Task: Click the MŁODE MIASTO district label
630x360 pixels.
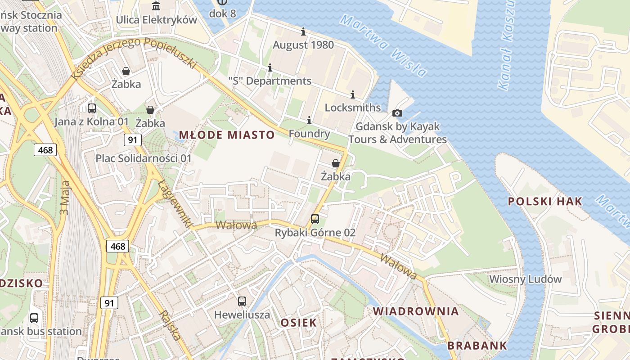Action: (227, 135)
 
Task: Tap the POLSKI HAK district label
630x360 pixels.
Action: (545, 201)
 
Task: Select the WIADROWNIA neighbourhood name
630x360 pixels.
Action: (416, 311)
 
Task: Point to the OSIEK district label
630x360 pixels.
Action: (299, 323)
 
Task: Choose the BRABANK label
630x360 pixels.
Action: (477, 346)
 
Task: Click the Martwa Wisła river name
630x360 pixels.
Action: (383, 45)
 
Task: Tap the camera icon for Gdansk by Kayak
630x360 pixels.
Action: (397, 113)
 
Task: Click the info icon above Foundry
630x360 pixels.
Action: (309, 121)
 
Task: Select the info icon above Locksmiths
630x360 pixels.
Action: (353, 94)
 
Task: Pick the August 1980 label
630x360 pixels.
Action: (303, 45)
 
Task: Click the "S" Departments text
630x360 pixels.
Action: (270, 81)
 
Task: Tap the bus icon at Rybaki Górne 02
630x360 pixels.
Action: (315, 219)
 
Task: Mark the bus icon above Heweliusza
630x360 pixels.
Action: (242, 301)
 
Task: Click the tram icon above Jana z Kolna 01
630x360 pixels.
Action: (92, 108)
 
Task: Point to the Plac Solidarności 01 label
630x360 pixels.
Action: (144, 158)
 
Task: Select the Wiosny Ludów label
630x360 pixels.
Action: (526, 279)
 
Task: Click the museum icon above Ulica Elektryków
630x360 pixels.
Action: (156, 6)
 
